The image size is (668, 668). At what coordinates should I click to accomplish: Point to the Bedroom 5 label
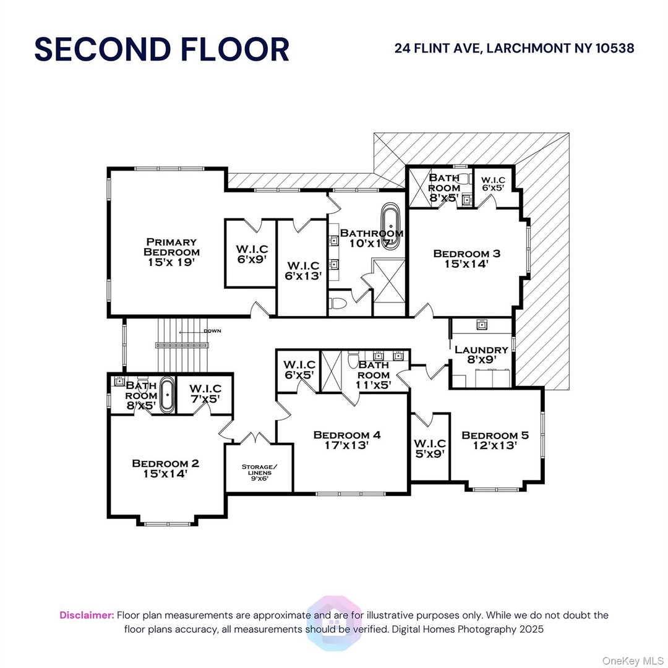click(489, 440)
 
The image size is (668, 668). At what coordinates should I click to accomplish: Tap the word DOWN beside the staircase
click(212, 331)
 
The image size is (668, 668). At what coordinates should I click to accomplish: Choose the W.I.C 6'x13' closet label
click(302, 271)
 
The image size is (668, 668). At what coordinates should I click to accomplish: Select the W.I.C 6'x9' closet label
click(251, 254)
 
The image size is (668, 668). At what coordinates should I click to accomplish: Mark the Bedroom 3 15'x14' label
click(466, 258)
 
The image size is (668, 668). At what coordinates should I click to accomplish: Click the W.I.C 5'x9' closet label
click(430, 448)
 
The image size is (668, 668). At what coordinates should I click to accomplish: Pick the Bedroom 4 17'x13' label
click(346, 440)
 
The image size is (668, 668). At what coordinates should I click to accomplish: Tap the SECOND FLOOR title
click(161, 49)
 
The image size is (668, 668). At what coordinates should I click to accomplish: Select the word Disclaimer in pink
click(87, 615)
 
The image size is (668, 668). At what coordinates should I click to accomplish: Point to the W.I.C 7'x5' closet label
click(205, 393)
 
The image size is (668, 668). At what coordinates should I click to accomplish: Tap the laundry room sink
click(481, 325)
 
